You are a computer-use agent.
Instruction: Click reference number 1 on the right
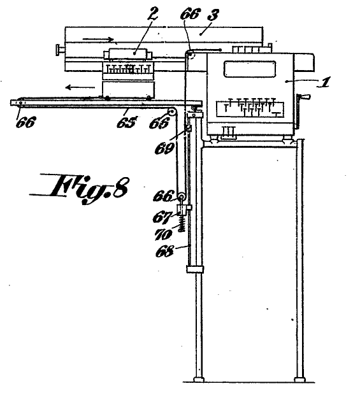tap(324, 82)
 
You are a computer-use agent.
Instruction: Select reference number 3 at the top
tap(213, 15)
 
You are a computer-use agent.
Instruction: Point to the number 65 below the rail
tap(127, 122)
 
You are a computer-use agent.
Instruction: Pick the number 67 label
tap(162, 217)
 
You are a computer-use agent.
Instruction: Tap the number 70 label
tap(163, 235)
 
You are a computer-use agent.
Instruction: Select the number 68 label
tap(164, 251)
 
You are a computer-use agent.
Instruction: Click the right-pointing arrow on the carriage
tap(98, 39)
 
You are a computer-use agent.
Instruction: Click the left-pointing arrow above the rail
tap(80, 87)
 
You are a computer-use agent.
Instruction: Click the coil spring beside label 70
tap(182, 224)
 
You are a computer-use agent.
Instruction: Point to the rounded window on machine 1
tap(250, 69)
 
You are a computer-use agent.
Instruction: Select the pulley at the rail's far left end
tap(20, 103)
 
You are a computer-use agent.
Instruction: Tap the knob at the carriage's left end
tap(60, 50)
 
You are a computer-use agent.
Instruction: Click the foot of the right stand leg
tap(299, 379)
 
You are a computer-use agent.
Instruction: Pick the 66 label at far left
tap(25, 122)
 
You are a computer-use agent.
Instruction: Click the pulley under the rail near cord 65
tap(172, 111)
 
